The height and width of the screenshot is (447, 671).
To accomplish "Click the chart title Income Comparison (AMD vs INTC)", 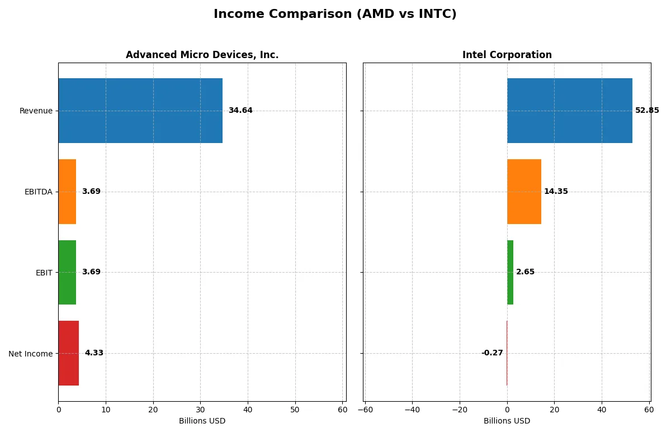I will pyautogui.click(x=335, y=14).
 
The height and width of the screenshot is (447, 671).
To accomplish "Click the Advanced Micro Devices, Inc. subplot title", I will pyautogui.click(x=202, y=55).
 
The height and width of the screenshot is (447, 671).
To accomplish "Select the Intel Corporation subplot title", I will pyautogui.click(x=507, y=55).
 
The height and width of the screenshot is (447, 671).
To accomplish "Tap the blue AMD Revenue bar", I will pyautogui.click(x=140, y=111).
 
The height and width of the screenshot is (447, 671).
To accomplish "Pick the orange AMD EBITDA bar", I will pyautogui.click(x=67, y=192).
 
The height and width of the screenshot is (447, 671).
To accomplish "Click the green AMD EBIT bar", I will pyautogui.click(x=67, y=272).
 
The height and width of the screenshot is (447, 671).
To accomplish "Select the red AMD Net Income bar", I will pyautogui.click(x=69, y=353).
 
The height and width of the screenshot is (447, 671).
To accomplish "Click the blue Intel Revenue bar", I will pyautogui.click(x=569, y=111).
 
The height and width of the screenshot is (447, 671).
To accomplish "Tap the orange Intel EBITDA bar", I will pyautogui.click(x=524, y=192).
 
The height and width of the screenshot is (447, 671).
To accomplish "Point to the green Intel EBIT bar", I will pyautogui.click(x=510, y=272).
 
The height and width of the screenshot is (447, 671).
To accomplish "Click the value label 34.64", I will pyautogui.click(x=240, y=111).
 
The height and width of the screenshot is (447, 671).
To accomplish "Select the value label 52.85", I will pyautogui.click(x=647, y=111).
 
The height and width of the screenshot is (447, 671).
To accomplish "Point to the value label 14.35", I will pyautogui.click(x=556, y=192).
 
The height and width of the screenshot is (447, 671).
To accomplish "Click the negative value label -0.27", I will pyautogui.click(x=492, y=353).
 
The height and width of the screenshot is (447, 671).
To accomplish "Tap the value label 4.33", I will pyautogui.click(x=94, y=353).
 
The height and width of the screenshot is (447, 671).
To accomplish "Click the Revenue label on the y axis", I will pyautogui.click(x=36, y=111).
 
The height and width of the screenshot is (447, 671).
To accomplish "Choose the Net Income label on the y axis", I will pyautogui.click(x=31, y=354).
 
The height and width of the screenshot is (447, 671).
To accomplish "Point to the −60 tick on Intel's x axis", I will pyautogui.click(x=365, y=410).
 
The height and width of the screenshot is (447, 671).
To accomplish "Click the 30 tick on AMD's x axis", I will pyautogui.click(x=200, y=410).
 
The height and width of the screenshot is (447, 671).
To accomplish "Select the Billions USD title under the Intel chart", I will pyautogui.click(x=507, y=421).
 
